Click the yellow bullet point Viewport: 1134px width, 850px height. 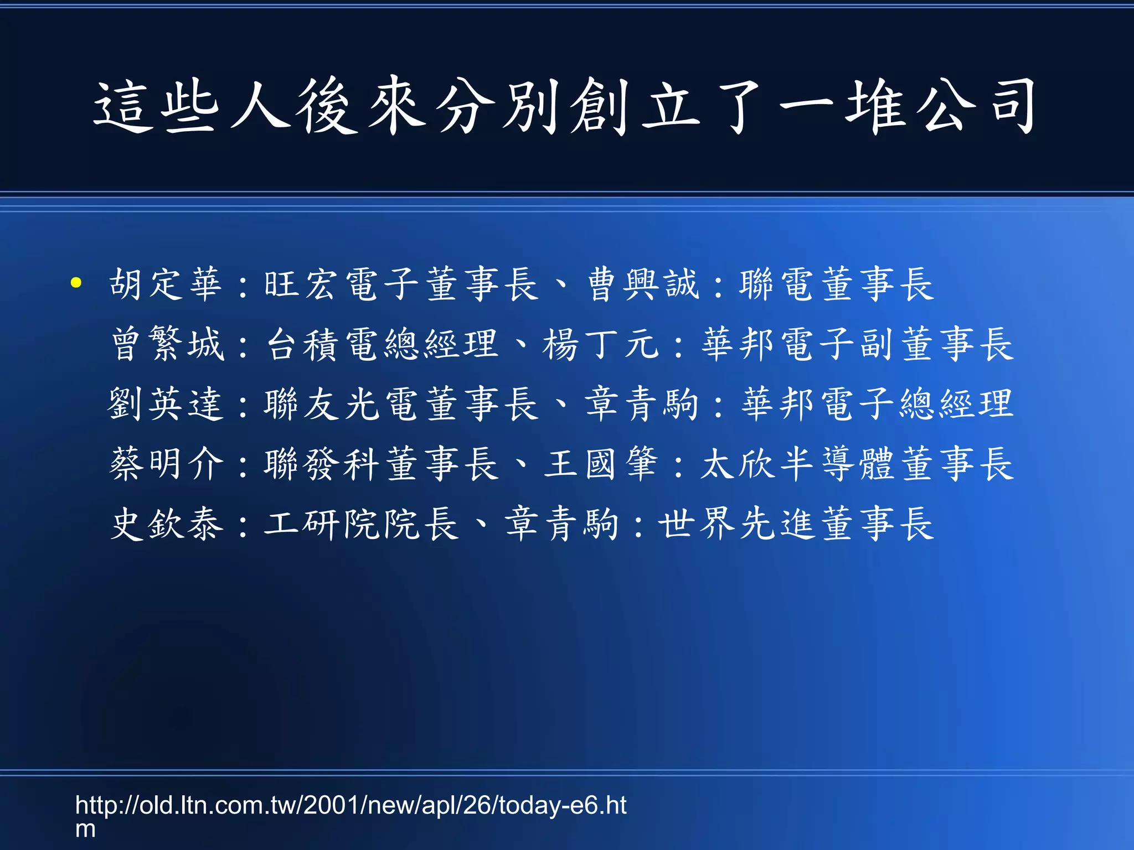click(x=76, y=283)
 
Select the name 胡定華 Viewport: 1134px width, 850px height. click(x=166, y=284)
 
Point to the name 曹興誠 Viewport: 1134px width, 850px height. click(x=643, y=284)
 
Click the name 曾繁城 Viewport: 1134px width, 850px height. click(x=168, y=344)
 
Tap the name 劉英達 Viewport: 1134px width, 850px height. click(x=166, y=404)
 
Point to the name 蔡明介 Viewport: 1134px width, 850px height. click(x=167, y=464)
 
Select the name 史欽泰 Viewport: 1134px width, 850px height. click(x=167, y=524)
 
